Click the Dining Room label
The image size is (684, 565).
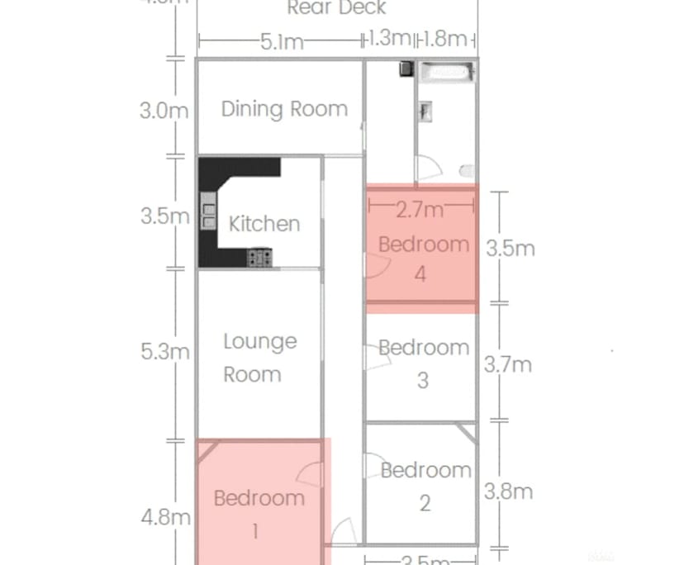pos(283,109)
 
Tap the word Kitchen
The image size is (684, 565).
pos(264,224)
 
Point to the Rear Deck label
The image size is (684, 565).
pos(336,8)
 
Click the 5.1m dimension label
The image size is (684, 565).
pos(282,41)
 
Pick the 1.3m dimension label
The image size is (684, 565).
pos(388,39)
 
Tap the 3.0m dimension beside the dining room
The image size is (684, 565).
pos(164,110)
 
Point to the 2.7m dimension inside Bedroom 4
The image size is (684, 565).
pos(420,211)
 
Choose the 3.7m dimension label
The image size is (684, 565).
pos(507,364)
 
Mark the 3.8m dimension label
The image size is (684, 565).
pos(508,491)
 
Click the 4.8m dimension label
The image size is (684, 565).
pos(165,518)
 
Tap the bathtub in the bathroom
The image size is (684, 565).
pos(446,72)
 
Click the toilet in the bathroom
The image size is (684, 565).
pos(467,172)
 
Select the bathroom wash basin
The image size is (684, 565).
pos(426,111)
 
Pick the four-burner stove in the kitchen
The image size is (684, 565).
pos(260,259)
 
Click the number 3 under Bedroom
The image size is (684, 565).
pos(423,381)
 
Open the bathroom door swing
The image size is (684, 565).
pos(429,170)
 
